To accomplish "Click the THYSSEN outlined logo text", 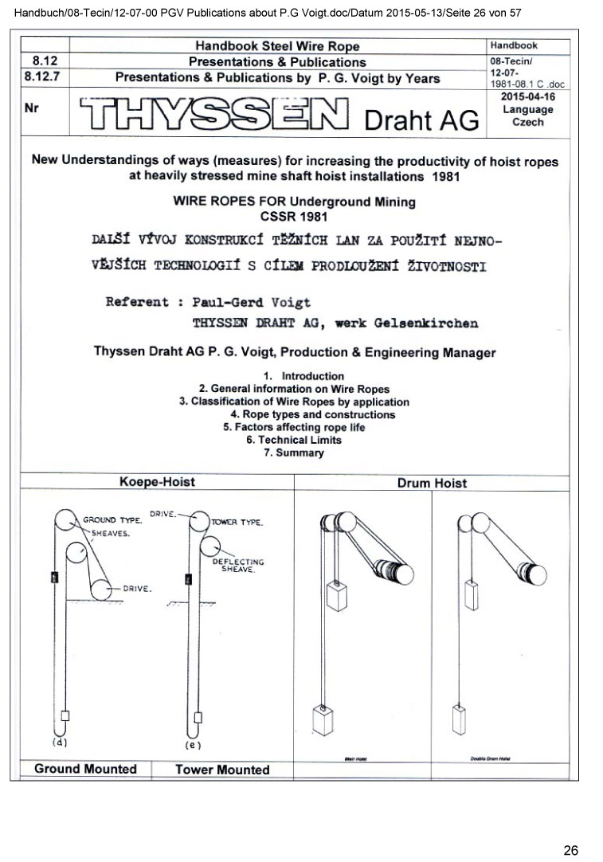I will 214,116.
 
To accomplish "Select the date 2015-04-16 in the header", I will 527,96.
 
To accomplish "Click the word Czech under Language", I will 527,122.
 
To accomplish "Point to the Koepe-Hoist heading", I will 157,482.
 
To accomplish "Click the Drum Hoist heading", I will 432,483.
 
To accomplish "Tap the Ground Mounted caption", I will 85,769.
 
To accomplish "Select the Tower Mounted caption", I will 222,770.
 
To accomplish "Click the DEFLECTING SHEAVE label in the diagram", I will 237,566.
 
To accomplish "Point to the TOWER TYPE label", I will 237,523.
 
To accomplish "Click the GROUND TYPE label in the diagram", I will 112,519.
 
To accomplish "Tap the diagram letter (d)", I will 59,742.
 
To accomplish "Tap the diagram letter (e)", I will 192,745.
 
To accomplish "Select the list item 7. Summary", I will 293,453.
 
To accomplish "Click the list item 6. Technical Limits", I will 293,440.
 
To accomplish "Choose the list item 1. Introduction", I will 303,376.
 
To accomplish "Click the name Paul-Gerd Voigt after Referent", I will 252,302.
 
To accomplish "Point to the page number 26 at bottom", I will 570,850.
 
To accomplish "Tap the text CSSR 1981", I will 294,216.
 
